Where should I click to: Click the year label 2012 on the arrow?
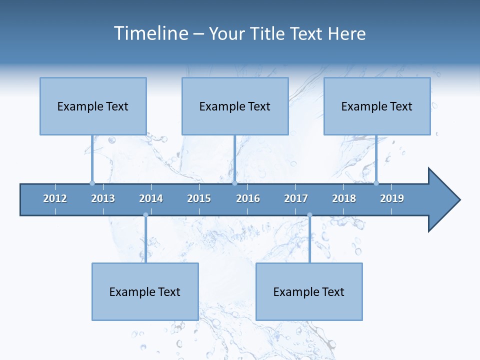pos(55,198)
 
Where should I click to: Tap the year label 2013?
pos(103,198)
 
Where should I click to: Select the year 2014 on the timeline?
pos(151,198)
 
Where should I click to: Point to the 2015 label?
pos(199,198)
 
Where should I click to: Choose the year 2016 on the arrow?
pos(248,198)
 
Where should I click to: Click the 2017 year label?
pos(296,198)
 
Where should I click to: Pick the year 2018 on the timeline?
pos(344,198)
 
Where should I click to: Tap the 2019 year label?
pos(392,198)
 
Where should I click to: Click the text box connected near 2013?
pos(93,106)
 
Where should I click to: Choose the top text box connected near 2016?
pos(235,106)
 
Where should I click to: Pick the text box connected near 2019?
pos(377,106)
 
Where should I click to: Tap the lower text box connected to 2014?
pos(145,291)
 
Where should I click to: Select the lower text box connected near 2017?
pos(309,291)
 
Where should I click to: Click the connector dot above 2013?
pos(92,183)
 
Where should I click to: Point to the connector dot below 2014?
pos(145,215)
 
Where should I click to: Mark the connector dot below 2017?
pos(309,215)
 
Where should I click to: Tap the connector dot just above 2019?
pos(376,183)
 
